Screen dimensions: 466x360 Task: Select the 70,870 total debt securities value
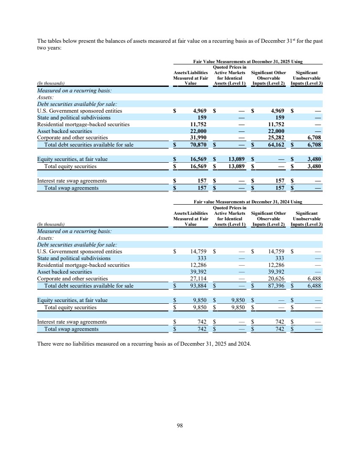tap(198, 145)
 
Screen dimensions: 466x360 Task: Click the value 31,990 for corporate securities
tap(198, 138)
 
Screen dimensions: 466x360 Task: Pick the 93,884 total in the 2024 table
tap(198, 286)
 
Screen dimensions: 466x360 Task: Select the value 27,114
tap(198, 279)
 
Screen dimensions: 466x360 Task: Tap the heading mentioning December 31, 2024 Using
tap(248, 203)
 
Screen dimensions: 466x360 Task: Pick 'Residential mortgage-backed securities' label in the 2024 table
tap(84, 265)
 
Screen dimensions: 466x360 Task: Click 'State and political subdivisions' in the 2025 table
tap(74, 118)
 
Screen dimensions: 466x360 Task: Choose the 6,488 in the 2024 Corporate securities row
tap(313, 279)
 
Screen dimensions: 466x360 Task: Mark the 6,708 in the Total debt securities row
tap(313, 145)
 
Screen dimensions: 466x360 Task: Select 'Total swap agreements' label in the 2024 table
tap(71, 329)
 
